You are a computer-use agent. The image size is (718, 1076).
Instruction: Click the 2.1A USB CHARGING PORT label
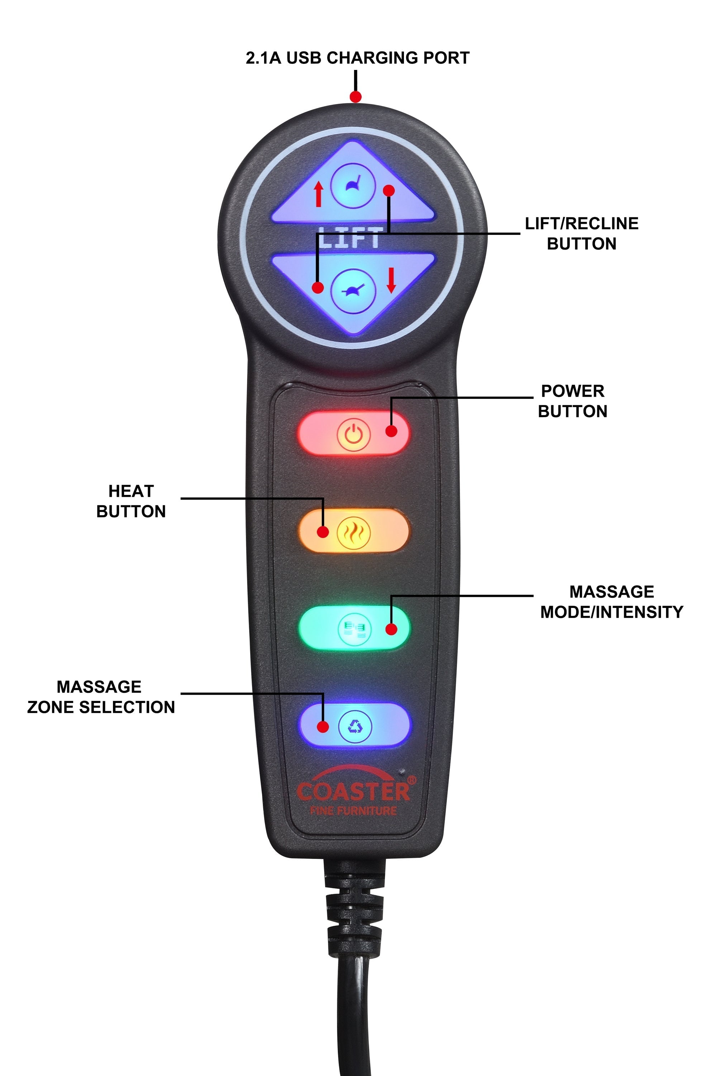357,58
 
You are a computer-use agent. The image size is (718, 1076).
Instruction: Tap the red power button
353,433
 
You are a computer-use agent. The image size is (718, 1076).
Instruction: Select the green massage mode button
353,628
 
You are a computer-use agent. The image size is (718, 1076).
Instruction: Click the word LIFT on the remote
349,238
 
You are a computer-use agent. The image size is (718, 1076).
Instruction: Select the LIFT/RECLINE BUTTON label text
581,233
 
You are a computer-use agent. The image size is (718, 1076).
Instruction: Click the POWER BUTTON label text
572,401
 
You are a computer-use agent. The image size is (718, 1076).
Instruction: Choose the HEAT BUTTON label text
131,501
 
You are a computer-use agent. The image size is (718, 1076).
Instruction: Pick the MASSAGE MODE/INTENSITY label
612,601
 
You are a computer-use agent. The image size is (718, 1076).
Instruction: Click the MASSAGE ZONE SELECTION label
101,697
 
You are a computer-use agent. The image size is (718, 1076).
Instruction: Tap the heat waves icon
353,531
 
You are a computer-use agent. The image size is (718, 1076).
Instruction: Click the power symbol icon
353,434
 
